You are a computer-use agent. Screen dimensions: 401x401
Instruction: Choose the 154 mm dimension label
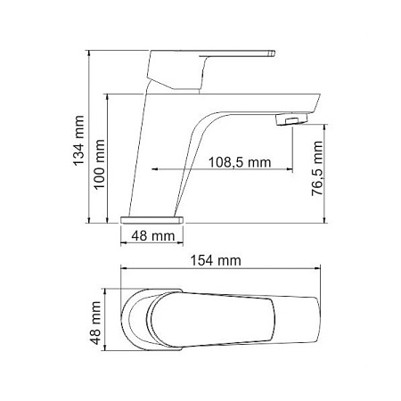pos(217,260)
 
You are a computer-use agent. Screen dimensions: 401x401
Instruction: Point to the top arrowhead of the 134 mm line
pos(91,53)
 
